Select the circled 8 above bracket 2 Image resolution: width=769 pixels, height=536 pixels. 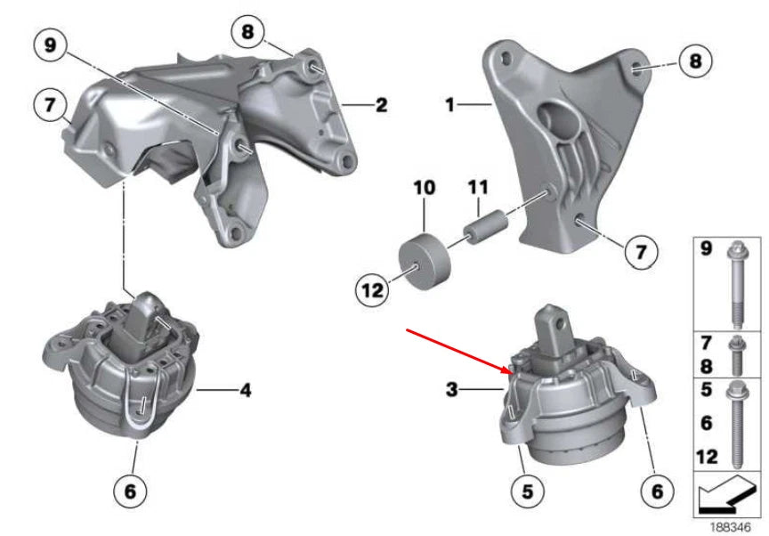click(x=247, y=32)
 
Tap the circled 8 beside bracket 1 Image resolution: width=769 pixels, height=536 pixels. click(x=695, y=61)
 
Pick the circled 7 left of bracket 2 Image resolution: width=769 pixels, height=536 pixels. click(x=51, y=104)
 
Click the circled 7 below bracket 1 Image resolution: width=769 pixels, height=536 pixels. click(x=640, y=253)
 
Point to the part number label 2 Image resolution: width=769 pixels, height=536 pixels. click(x=381, y=106)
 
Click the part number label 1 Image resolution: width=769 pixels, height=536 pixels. click(x=450, y=105)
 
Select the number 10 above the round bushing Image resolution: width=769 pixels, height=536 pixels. click(x=424, y=188)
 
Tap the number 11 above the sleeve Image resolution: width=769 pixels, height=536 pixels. click(x=479, y=188)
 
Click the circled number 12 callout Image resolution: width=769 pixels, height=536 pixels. click(x=374, y=288)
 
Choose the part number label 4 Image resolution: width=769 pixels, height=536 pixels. click(x=245, y=389)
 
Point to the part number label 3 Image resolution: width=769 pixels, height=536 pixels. click(x=452, y=388)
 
